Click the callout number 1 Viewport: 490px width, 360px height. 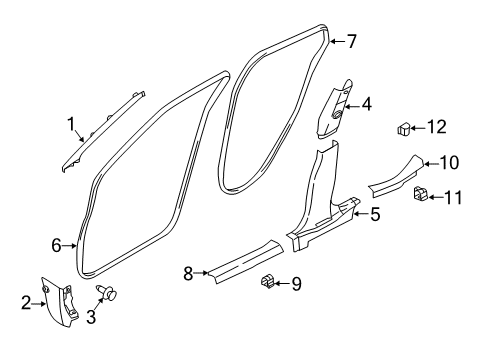click(71, 124)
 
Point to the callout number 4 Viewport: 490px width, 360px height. click(367, 102)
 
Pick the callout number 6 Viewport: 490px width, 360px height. click(56, 244)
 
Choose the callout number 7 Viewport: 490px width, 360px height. click(351, 41)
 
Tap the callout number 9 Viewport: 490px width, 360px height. click(297, 284)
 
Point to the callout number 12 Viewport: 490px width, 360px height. click(436, 126)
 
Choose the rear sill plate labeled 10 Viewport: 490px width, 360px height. click(398, 177)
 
